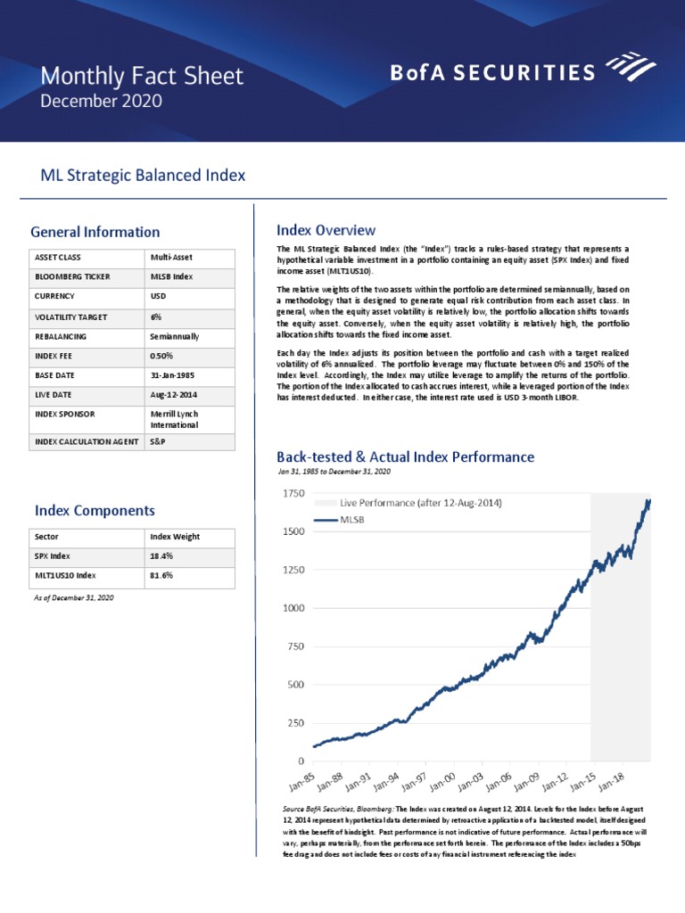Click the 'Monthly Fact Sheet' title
click(142, 76)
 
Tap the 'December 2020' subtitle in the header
click(102, 101)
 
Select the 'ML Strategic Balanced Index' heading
click(143, 176)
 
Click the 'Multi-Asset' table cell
click(172, 257)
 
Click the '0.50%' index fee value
click(163, 357)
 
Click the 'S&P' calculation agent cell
click(159, 442)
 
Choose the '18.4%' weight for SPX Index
click(161, 556)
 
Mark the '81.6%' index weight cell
click(161, 576)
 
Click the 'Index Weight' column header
click(175, 537)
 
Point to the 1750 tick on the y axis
click(293, 492)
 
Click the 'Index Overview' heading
click(326, 230)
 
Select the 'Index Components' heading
click(95, 510)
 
